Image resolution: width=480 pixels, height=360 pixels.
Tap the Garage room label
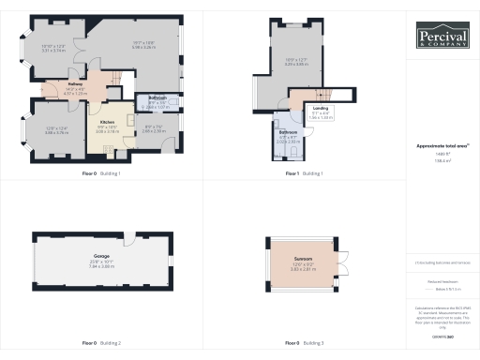click(x=100, y=256)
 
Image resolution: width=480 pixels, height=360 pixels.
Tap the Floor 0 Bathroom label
click(x=157, y=97)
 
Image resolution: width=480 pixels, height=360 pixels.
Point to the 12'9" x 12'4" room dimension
click(x=56, y=128)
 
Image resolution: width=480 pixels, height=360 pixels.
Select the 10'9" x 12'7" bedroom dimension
click(x=296, y=63)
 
